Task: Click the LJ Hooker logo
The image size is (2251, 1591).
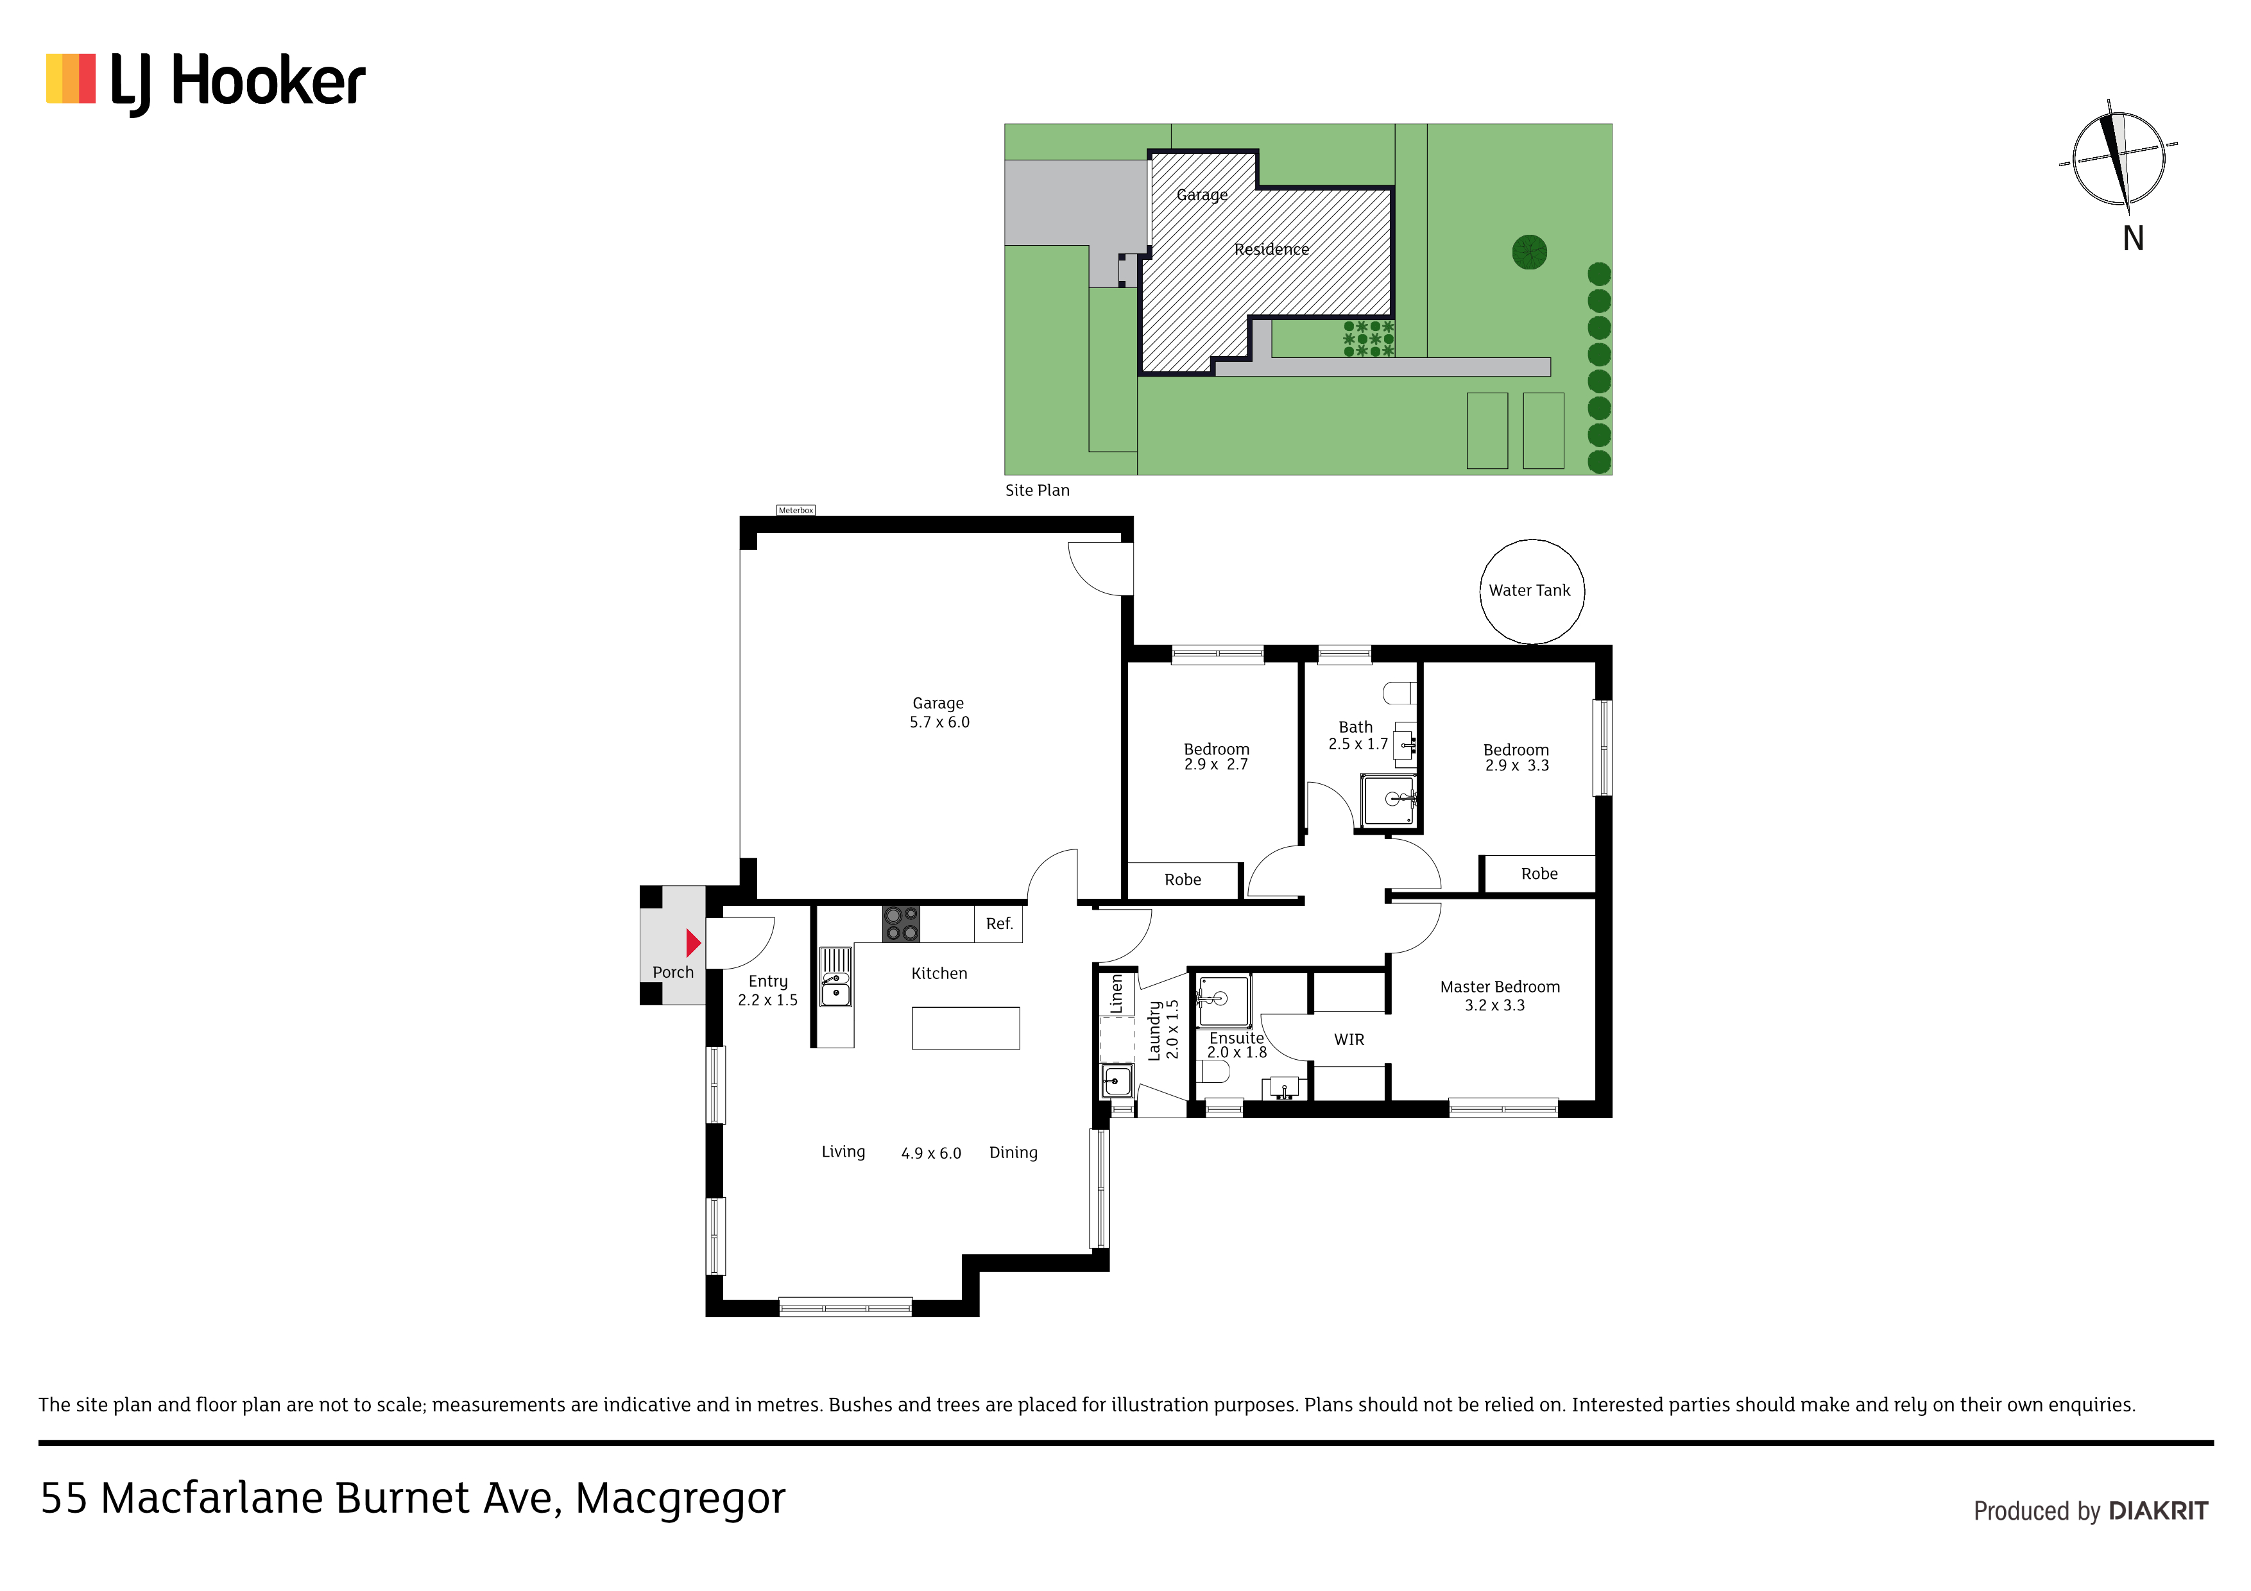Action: (206, 83)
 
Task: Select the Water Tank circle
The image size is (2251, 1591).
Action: (1532, 591)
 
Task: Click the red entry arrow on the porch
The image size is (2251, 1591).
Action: (693, 943)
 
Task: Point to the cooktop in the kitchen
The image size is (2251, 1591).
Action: (901, 923)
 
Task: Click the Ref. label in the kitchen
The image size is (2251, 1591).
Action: (999, 923)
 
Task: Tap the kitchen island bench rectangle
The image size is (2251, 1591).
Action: (966, 1028)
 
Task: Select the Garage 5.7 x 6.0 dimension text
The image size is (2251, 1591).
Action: (939, 722)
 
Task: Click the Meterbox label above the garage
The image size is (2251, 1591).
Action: (795, 510)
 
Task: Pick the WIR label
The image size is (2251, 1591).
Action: (1349, 1039)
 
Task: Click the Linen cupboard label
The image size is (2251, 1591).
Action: (1116, 994)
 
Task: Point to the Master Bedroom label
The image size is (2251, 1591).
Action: (1500, 987)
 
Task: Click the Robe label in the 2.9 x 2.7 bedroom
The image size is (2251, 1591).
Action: (1183, 880)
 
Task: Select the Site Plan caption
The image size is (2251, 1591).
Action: (1037, 490)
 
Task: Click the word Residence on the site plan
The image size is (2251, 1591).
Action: (1272, 249)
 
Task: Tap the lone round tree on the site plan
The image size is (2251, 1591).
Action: (1529, 252)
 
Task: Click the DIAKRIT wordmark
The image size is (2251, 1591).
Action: (2159, 1511)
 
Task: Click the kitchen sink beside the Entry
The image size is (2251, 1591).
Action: (835, 976)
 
